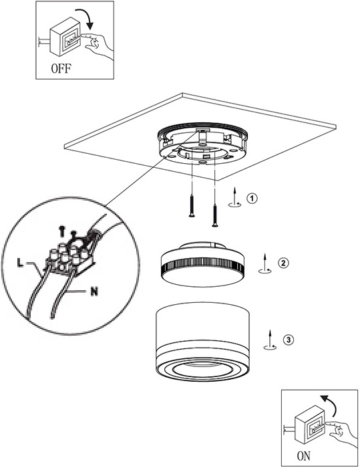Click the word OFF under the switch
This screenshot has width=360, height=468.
tap(61, 69)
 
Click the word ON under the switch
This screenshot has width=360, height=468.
tap(304, 456)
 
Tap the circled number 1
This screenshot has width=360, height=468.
tap(252, 198)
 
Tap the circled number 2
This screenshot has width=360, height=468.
tap(283, 263)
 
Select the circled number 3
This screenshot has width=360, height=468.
tap(289, 340)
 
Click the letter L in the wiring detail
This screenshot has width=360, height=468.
tap(20, 263)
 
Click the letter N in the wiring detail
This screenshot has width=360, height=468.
tap(94, 291)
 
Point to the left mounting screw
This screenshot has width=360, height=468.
tap(192, 205)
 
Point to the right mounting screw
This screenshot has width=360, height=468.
tap(214, 215)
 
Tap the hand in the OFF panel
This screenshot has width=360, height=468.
tap(98, 45)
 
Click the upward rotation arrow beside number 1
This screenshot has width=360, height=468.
tap(235, 197)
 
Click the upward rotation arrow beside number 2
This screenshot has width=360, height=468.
tap(265, 263)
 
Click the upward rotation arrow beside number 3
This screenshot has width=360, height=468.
tap(270, 340)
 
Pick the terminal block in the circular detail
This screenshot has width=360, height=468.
tap(70, 257)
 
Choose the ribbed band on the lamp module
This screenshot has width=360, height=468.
tap(202, 265)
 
